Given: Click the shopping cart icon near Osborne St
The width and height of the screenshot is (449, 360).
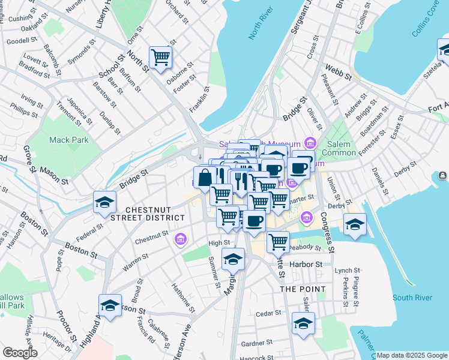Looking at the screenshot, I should coord(161,58).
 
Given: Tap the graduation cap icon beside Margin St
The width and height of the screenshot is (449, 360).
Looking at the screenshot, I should coord(233,259).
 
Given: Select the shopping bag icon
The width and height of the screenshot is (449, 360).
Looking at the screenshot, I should coord(204,178).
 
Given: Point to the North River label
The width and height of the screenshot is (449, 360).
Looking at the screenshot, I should coord(261,28).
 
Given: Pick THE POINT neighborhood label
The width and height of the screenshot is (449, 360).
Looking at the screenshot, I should coord(303,289).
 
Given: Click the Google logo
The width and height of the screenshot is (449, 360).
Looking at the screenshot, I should coord(20,353).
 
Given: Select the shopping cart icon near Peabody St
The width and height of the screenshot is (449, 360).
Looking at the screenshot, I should coord(279,241).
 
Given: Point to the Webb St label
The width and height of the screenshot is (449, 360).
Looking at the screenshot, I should coord(339,71).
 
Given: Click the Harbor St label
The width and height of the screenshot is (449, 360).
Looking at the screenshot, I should coord(306,264).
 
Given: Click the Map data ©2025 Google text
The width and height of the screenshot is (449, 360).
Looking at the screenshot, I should coord(412,355).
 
